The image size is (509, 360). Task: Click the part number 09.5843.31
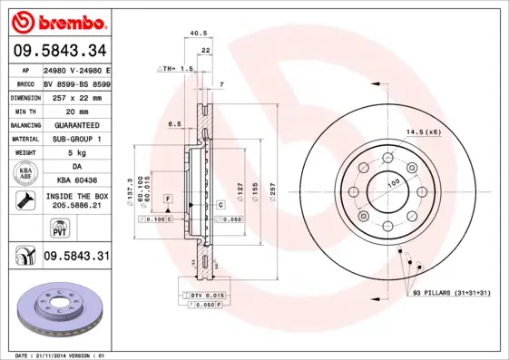76,257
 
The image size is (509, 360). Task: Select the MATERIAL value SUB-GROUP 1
73,139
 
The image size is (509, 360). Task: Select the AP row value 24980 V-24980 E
77,70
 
